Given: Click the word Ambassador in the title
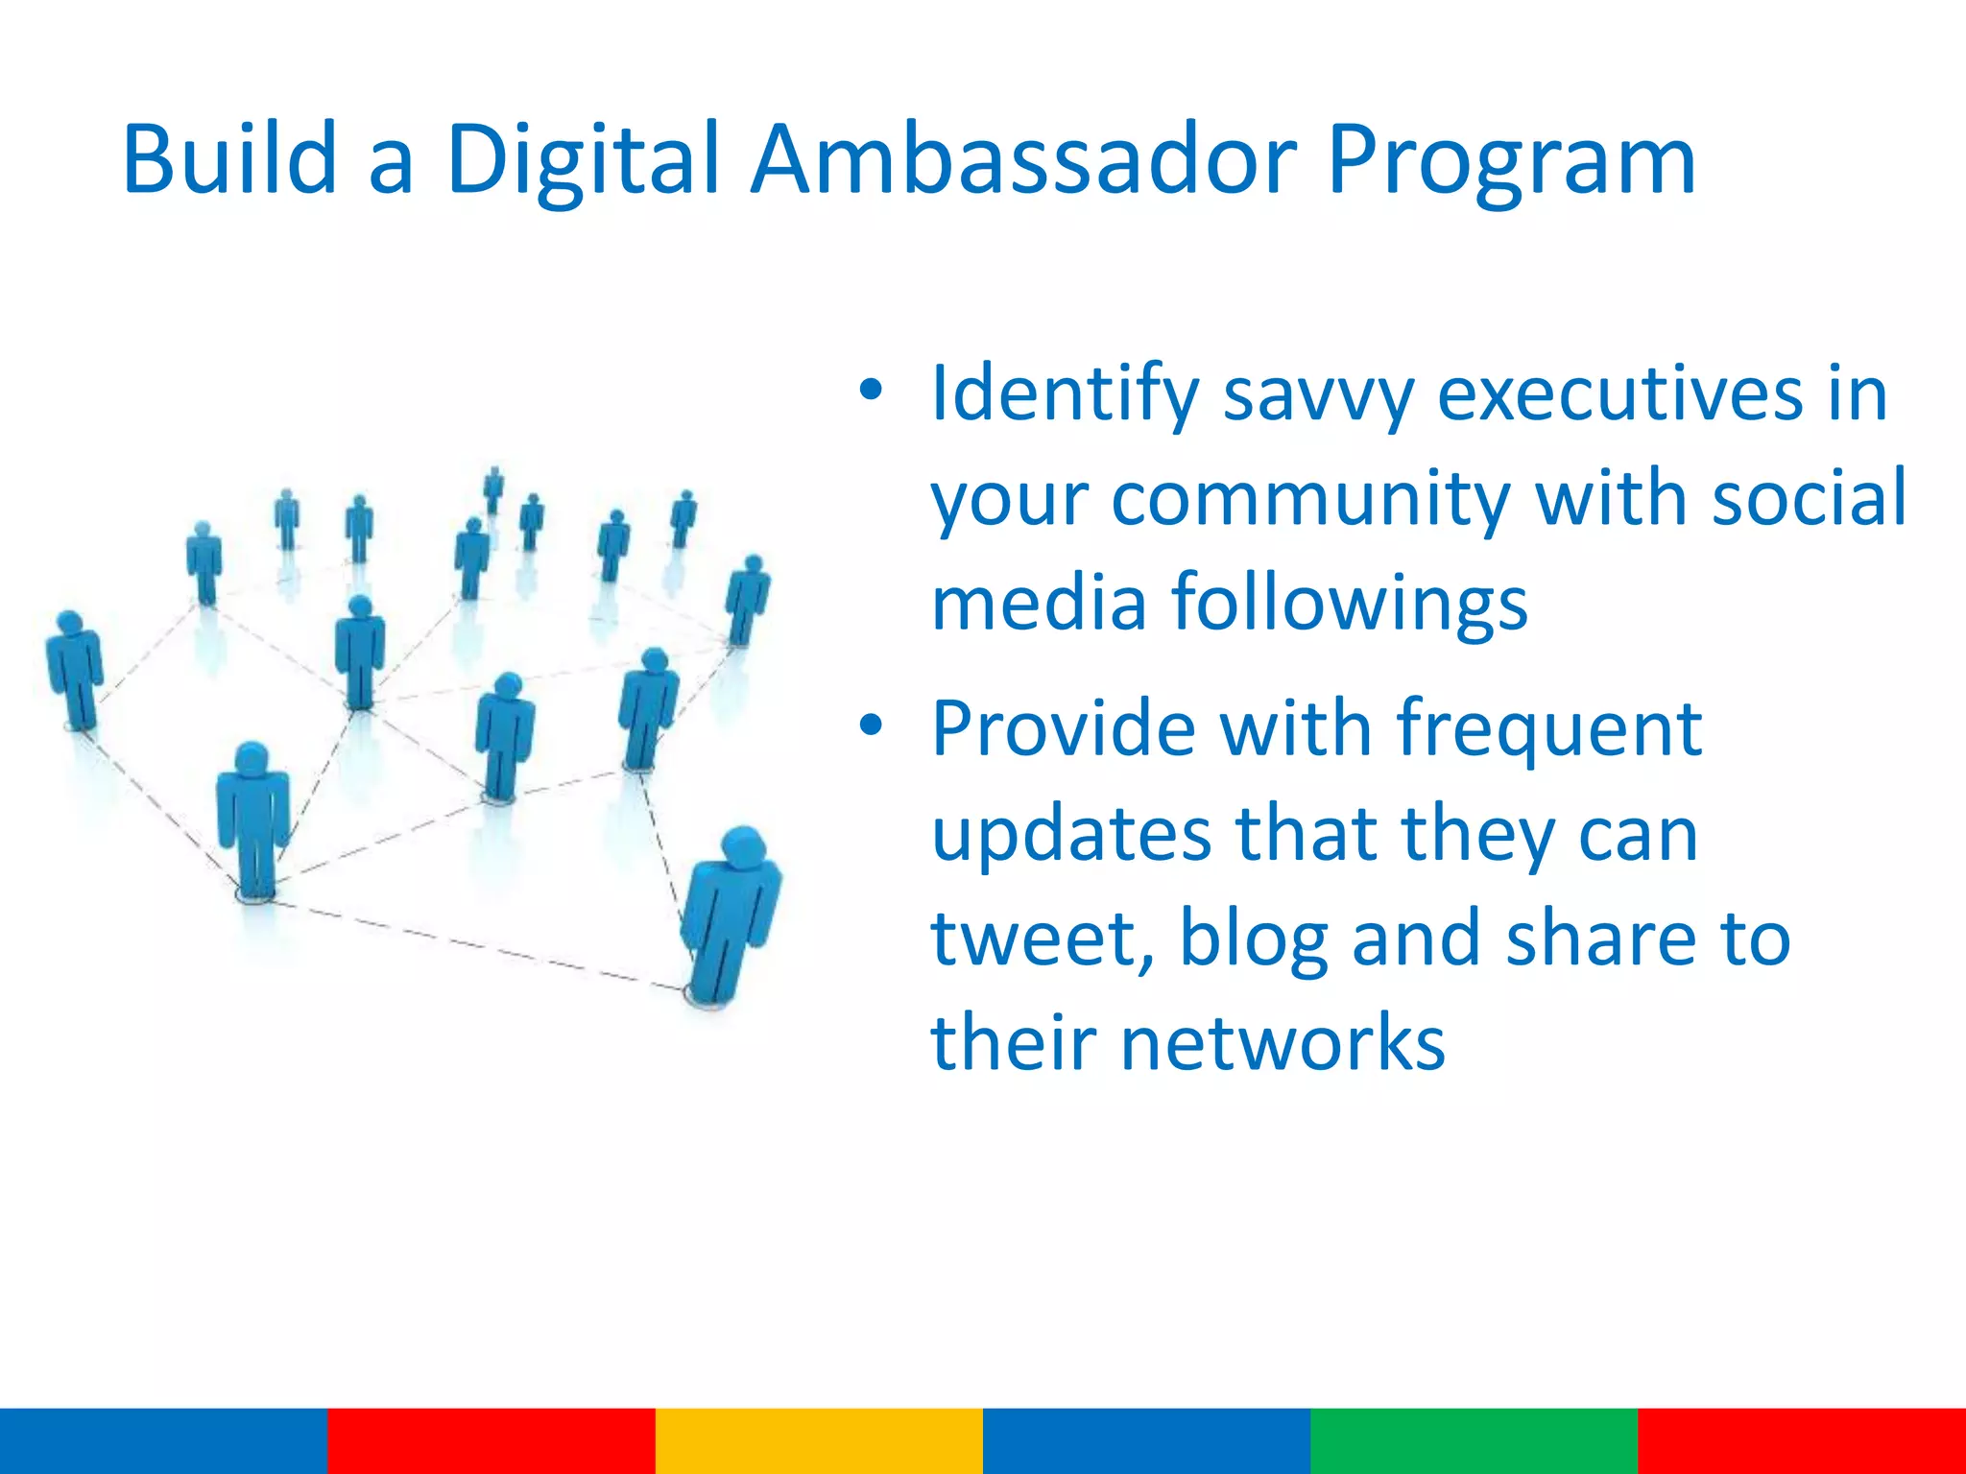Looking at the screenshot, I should pyautogui.click(x=1023, y=159).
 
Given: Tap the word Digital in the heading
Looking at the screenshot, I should pyautogui.click(x=582, y=159).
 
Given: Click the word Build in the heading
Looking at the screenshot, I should pyautogui.click(x=229, y=159).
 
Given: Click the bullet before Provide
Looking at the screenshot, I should pyautogui.click(x=870, y=725).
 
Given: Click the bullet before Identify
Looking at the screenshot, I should pyautogui.click(x=870, y=390).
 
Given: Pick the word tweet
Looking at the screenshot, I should pyautogui.click(x=1041, y=939).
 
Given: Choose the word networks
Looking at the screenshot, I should pyautogui.click(x=1283, y=1043).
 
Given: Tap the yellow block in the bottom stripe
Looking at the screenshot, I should pyautogui.click(x=819, y=1440).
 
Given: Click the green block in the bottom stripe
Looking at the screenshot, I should pyautogui.click(x=1474, y=1440).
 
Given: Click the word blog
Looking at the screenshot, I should pyautogui.click(x=1253, y=939).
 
